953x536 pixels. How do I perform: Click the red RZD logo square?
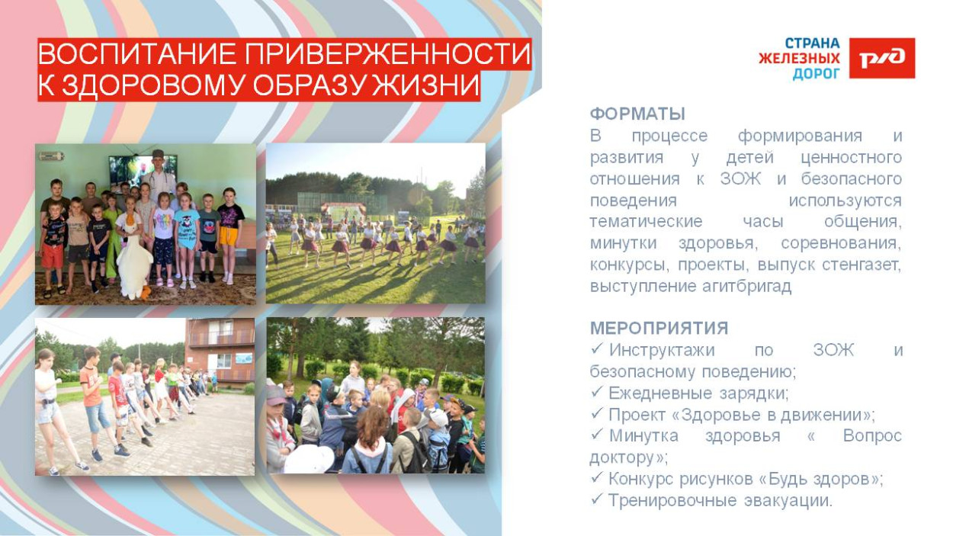click(x=882, y=58)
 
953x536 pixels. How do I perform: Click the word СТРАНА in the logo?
click(x=813, y=43)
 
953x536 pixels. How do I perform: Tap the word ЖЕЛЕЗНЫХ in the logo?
click(x=799, y=58)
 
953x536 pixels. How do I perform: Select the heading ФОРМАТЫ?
click(x=637, y=114)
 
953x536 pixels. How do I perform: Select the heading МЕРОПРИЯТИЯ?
click(x=659, y=329)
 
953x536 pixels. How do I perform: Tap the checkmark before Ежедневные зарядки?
click(x=597, y=393)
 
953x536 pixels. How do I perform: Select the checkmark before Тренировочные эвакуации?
click(x=597, y=501)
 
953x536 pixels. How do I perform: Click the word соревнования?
click(x=840, y=244)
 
